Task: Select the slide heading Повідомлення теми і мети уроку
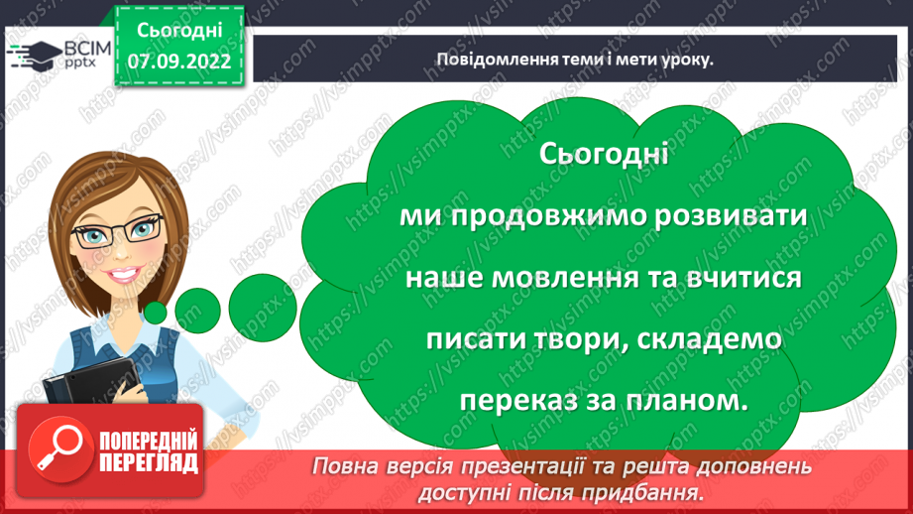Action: click(x=576, y=59)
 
